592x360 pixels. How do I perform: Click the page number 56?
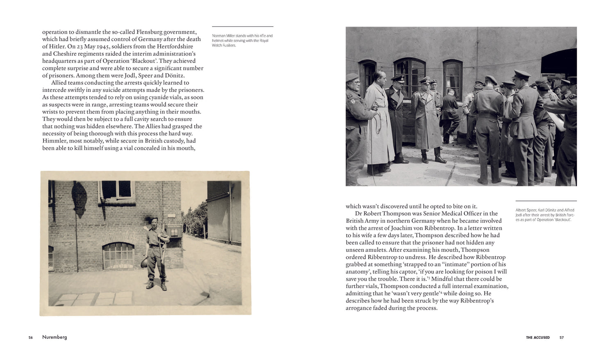(31, 337)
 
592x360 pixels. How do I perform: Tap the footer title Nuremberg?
(54, 337)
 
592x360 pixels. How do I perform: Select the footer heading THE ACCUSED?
(538, 337)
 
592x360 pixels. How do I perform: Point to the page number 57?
(562, 337)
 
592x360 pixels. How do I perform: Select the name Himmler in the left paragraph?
(54, 141)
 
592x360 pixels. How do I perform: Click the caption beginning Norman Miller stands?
(242, 41)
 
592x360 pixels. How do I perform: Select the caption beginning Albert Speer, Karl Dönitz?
(545, 215)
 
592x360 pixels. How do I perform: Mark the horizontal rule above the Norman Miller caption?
(243, 27)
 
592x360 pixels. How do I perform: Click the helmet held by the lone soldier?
(145, 262)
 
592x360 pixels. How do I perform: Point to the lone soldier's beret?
(153, 219)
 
